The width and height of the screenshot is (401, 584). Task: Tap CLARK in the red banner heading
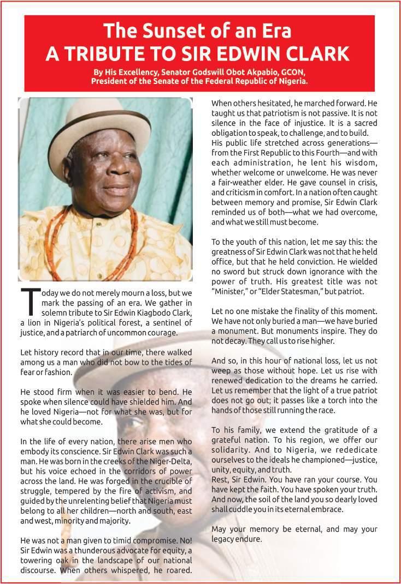[x=319, y=53]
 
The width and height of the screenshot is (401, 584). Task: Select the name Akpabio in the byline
[x=251, y=73]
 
